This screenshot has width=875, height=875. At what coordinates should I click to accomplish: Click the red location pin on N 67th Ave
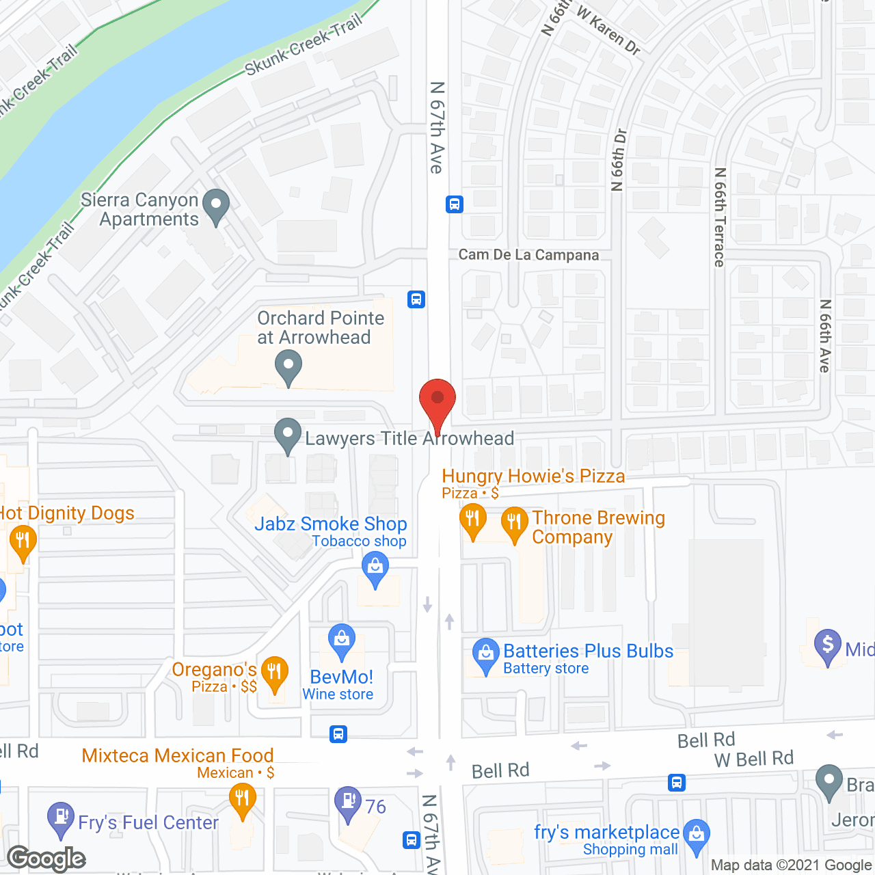pyautogui.click(x=437, y=400)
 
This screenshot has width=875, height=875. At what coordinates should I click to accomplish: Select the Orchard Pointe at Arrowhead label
pyautogui.click(x=320, y=327)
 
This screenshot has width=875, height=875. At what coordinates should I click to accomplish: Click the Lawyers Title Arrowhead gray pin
pyautogui.click(x=288, y=434)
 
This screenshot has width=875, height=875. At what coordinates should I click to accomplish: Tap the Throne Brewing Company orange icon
pyautogui.click(x=513, y=523)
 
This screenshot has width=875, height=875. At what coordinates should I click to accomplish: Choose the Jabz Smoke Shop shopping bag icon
pyautogui.click(x=375, y=568)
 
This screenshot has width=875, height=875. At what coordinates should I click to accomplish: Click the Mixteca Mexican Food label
pyautogui.click(x=178, y=755)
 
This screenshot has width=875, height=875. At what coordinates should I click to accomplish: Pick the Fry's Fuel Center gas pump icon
pyautogui.click(x=61, y=818)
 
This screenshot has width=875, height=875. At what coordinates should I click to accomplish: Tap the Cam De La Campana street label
pyautogui.click(x=528, y=255)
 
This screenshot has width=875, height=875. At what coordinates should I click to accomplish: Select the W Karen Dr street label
pyautogui.click(x=608, y=30)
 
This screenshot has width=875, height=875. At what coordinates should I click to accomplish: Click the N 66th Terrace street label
pyautogui.click(x=720, y=217)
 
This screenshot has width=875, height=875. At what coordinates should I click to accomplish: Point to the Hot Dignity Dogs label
pyautogui.click(x=67, y=513)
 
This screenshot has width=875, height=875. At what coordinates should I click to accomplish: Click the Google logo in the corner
pyautogui.click(x=46, y=859)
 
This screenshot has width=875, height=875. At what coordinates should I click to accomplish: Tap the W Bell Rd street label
pyautogui.click(x=753, y=759)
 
